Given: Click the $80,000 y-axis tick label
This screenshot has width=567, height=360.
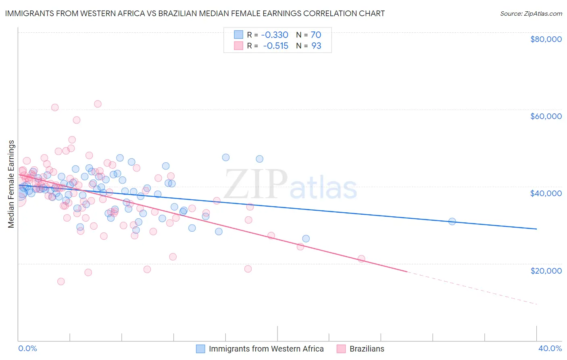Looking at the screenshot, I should click(546, 39).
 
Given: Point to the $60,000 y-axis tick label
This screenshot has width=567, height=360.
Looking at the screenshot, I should click(546, 116).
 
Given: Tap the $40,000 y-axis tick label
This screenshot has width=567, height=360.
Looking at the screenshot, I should click(546, 193).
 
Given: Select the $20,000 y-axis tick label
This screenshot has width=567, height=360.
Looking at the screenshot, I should click(546, 270).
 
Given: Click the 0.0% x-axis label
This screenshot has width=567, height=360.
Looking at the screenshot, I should click(27, 348).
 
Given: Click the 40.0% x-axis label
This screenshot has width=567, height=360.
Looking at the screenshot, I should click(550, 348).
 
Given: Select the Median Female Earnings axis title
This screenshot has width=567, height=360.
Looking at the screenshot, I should click(11, 184).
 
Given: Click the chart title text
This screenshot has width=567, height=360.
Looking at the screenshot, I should click(195, 13).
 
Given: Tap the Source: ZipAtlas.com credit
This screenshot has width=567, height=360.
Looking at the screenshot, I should click(531, 13).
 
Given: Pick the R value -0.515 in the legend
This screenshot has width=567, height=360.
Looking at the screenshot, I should click(275, 46).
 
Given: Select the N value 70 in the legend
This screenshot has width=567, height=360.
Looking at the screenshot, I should click(316, 35).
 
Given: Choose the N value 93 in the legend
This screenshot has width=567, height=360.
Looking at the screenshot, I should click(316, 46).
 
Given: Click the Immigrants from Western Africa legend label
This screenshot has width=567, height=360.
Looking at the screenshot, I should click(266, 349).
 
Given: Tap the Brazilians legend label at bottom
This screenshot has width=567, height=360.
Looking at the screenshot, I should click(367, 349).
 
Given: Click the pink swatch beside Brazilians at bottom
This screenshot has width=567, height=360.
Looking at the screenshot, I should click(341, 349).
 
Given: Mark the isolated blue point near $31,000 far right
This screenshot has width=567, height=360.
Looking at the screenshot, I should click(452, 221).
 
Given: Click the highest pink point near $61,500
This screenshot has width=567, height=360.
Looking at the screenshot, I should click(98, 104).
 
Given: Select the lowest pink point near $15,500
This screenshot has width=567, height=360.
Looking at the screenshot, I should click(61, 281).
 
